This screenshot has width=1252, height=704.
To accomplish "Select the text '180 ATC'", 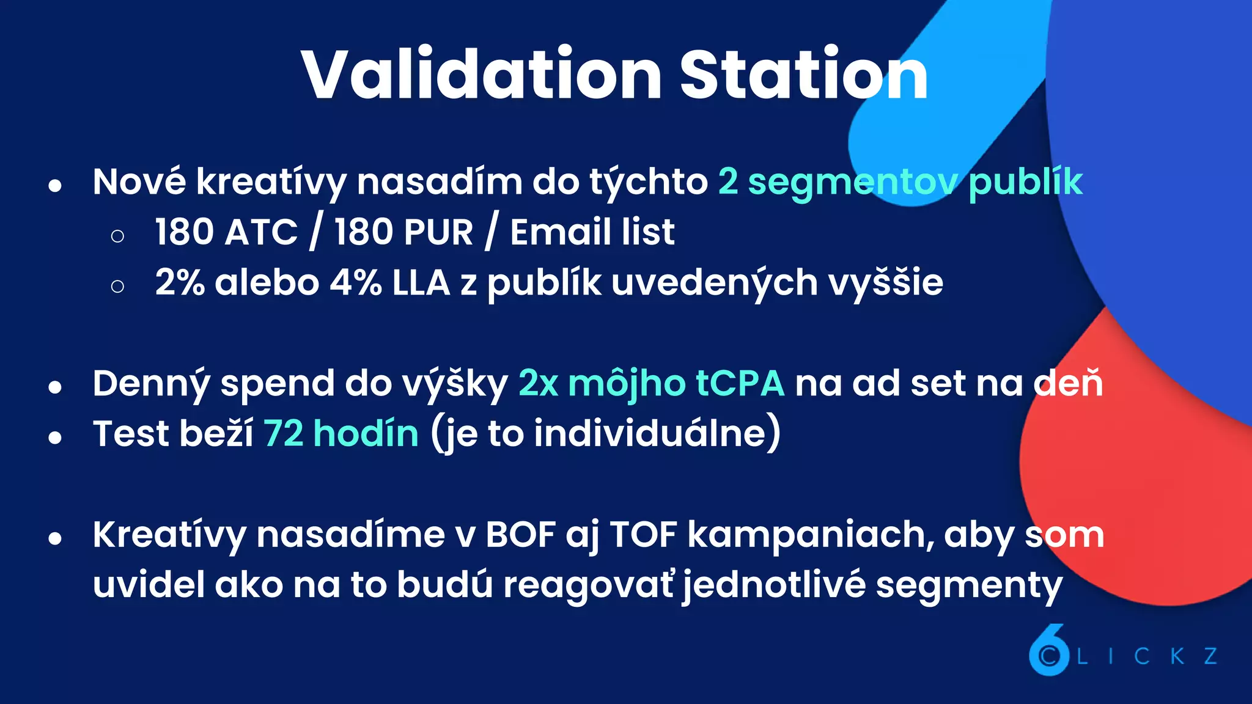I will pos(226,232).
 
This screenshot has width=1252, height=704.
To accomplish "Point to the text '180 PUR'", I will pos(403,232).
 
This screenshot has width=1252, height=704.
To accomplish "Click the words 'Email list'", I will pos(592,232).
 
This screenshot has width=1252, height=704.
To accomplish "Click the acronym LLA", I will pos(421,282).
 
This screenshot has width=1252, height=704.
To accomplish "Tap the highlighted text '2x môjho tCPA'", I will pos(651,384).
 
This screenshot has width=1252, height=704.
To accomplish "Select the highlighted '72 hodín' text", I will pos(341,434).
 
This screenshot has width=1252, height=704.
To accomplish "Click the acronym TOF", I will pos(644,535).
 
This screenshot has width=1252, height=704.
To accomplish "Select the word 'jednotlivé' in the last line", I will pos(774,585).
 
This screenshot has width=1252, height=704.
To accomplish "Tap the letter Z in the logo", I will pos(1210,656).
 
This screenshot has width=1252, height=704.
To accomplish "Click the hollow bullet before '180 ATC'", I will pos(118,236).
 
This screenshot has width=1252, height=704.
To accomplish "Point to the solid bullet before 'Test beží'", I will pos(56,437).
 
